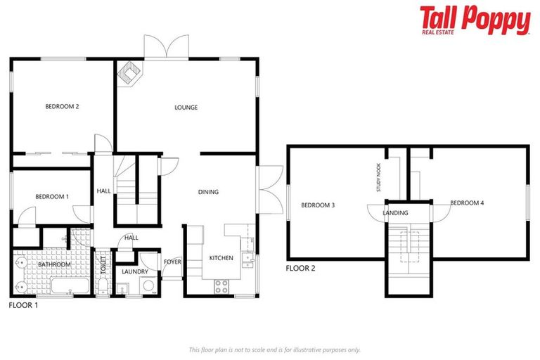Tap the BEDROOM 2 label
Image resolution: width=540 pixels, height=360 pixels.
(x=62, y=107)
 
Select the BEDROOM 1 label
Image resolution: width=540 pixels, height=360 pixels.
(x=52, y=196)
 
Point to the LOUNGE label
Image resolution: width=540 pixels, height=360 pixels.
(x=186, y=108)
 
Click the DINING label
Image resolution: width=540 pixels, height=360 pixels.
(x=208, y=192)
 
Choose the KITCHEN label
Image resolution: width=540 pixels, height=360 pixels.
(x=221, y=258)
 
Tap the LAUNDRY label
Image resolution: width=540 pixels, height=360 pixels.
(x=134, y=271)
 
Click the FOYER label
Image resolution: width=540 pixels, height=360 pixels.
(x=172, y=262)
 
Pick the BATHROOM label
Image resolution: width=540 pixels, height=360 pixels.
(x=54, y=265)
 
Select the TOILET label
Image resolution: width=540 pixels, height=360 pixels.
(x=103, y=265)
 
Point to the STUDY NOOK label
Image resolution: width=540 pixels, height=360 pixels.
(x=378, y=178)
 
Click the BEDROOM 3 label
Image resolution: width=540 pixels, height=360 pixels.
(x=318, y=205)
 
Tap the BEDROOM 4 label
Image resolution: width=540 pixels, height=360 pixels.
(x=467, y=203)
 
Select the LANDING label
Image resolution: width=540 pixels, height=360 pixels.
(x=396, y=212)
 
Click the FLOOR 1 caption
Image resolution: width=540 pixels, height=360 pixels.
(x=23, y=306)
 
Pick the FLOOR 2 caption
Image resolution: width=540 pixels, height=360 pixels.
(x=300, y=269)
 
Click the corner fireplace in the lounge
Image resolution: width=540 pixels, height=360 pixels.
(x=129, y=72)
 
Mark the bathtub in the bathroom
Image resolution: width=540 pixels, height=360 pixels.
(x=68, y=286)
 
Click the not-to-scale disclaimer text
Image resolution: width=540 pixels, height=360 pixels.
(x=274, y=349)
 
